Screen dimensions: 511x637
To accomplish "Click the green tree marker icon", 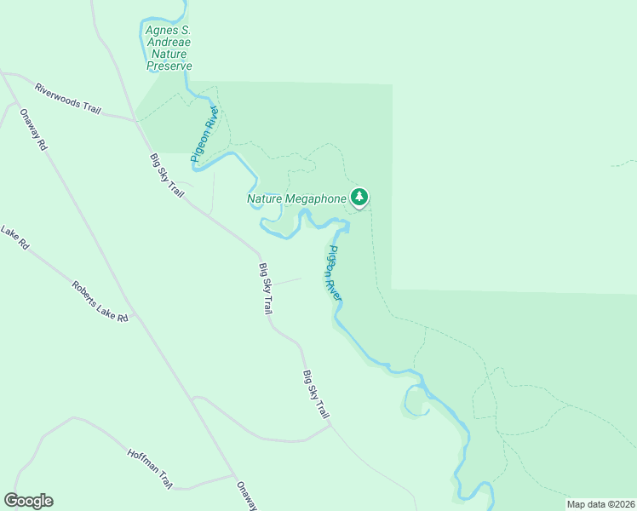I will click(359, 198).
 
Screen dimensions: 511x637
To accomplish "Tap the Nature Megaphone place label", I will click(297, 199).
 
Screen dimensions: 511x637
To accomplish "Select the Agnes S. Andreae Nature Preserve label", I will click(169, 48).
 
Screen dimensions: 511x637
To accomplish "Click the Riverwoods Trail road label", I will click(69, 96).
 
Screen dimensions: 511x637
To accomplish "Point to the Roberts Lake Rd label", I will click(100, 301).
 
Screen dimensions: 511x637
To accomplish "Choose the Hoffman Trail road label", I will click(150, 468).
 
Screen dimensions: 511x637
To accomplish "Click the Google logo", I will click(28, 500).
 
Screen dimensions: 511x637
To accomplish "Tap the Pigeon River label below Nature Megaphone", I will click(334, 272).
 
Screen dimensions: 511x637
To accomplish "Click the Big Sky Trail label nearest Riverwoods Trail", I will click(167, 175).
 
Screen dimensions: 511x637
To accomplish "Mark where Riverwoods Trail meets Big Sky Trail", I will click(135, 120).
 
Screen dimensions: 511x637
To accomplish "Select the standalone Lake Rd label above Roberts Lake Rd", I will click(15, 238).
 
